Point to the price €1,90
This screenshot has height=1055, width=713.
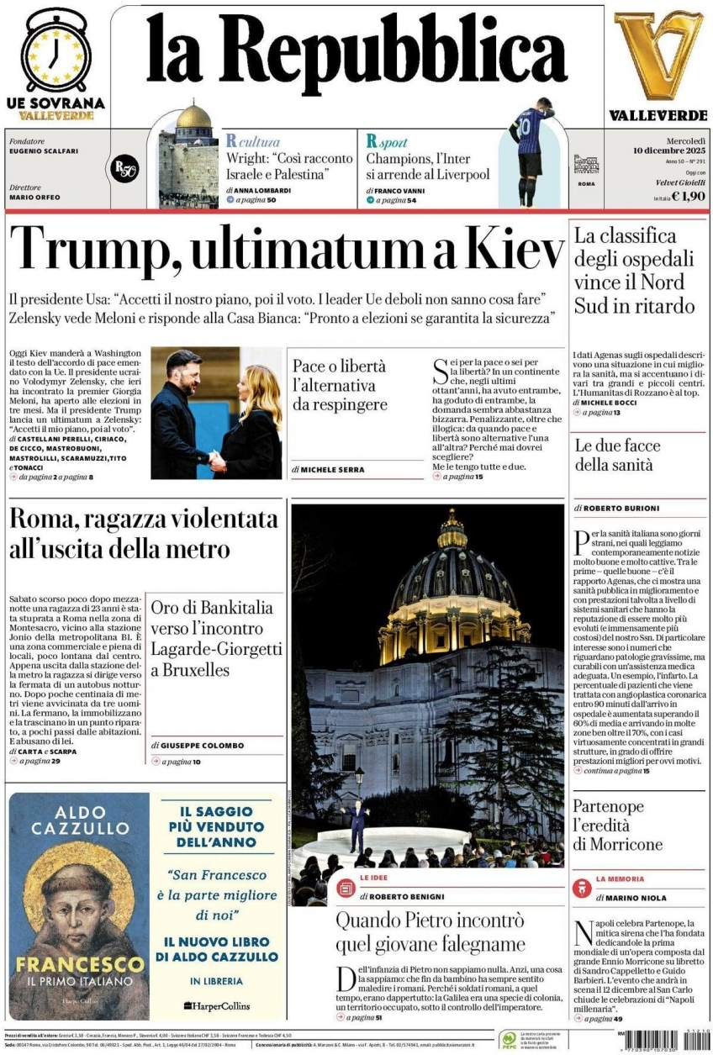[687, 197]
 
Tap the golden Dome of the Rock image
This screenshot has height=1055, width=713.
[193, 118]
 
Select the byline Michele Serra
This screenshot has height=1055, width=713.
[330, 469]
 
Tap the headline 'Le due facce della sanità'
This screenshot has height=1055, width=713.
[617, 455]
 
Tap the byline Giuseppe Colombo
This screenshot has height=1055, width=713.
[202, 746]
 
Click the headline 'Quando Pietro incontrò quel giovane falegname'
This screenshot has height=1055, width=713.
[430, 931]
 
